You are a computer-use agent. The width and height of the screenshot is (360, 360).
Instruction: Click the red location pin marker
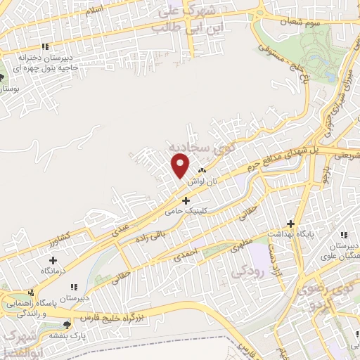[x=181, y=166]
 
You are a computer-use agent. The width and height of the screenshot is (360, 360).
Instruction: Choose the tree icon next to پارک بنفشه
[x=67, y=325]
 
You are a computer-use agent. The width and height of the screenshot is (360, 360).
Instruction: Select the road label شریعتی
[x=344, y=153]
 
